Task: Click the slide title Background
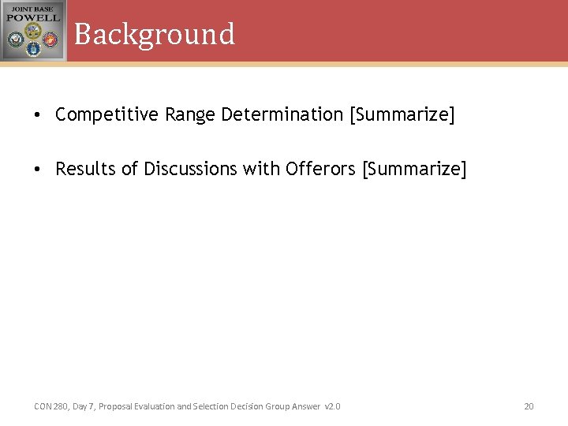click(154, 34)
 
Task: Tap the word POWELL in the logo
click(33, 17)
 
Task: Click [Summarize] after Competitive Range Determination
click(402, 115)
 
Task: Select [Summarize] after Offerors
click(414, 170)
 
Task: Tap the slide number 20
click(529, 406)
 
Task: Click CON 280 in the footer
click(50, 406)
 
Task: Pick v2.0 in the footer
click(332, 406)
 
